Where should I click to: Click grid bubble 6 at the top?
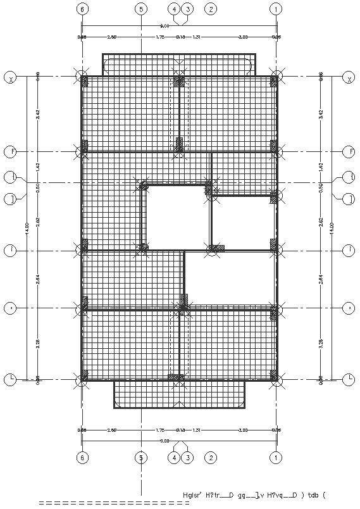82,9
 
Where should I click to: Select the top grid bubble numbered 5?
141,9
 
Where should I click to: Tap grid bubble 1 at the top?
276,9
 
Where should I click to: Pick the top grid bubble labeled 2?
211,9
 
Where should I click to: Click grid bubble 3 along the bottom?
187,456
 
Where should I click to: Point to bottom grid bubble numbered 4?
175,456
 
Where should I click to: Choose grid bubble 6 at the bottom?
82,456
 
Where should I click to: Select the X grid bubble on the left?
11,78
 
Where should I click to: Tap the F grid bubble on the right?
348,151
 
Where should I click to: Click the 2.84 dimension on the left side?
38,279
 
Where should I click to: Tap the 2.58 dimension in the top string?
112,37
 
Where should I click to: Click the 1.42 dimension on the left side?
38,167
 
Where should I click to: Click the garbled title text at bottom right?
256,494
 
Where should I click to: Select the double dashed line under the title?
114,503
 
